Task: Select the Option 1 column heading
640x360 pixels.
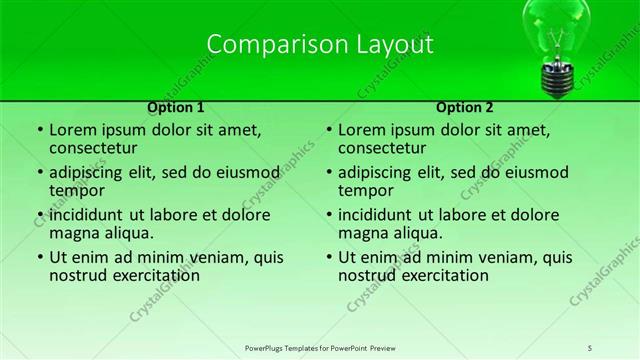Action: [x=176, y=107]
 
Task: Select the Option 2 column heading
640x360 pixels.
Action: [x=465, y=107]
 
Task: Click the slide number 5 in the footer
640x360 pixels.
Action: [x=591, y=346]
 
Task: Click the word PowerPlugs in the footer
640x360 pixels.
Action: [x=267, y=346]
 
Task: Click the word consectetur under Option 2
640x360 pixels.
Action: [x=380, y=149]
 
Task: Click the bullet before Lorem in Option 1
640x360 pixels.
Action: [x=39, y=130]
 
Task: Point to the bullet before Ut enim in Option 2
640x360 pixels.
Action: [x=328, y=256]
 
